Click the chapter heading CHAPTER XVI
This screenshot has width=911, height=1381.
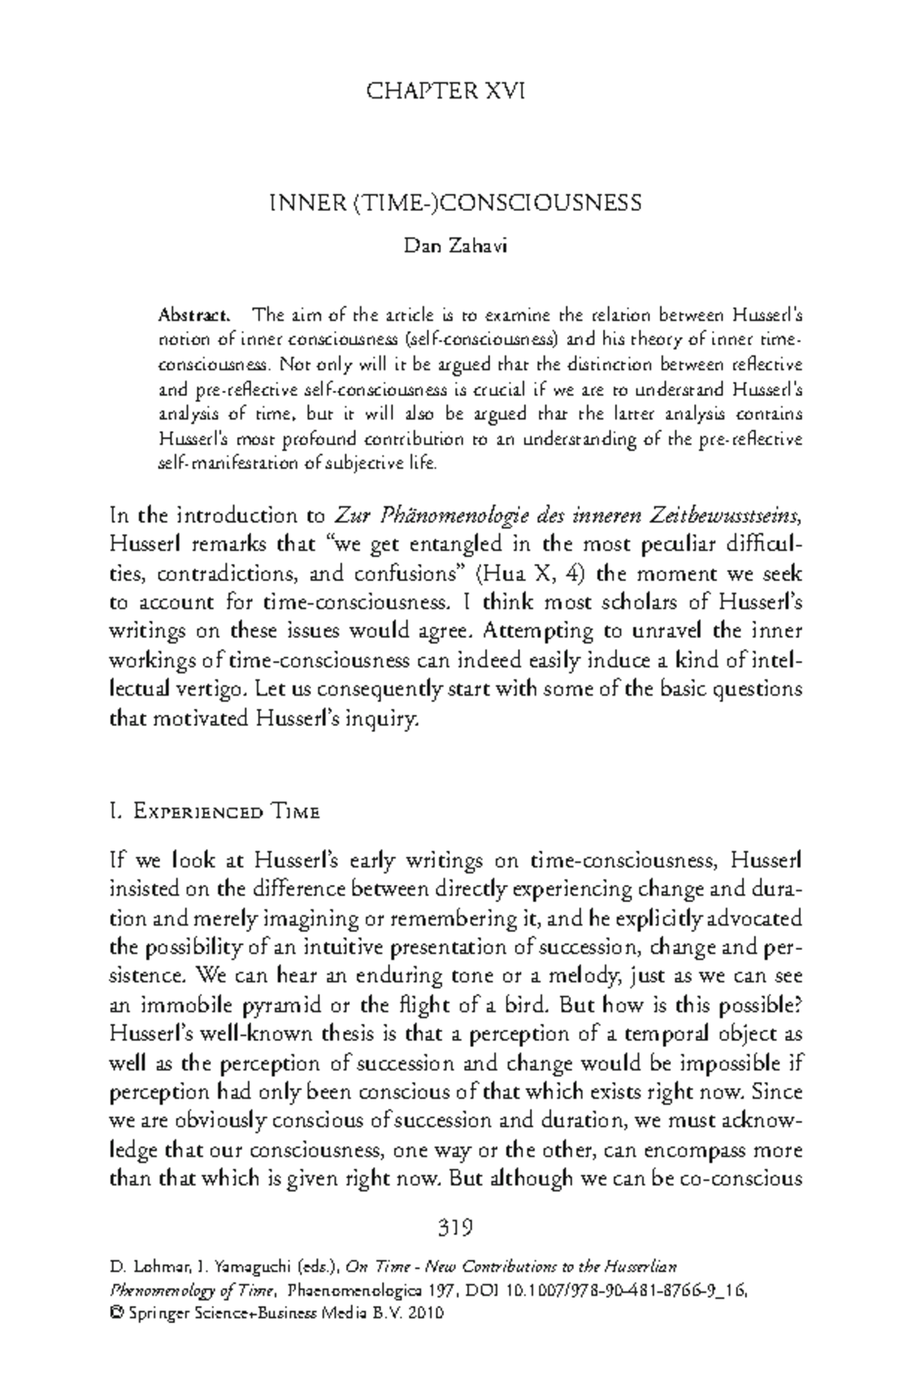(x=445, y=93)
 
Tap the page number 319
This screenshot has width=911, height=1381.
(x=455, y=1226)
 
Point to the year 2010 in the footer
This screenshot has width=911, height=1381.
(x=425, y=1315)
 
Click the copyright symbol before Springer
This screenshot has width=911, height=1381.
(x=116, y=1315)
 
